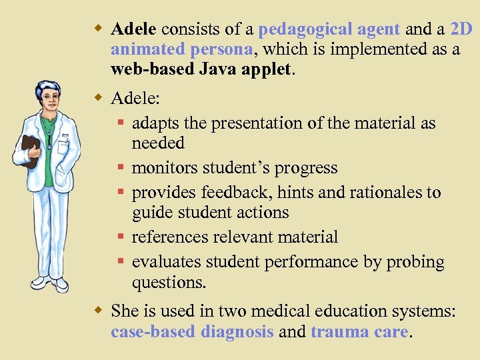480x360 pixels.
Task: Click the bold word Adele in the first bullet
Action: click(133, 29)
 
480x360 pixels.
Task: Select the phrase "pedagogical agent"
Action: click(329, 29)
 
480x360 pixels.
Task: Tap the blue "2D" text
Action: click(461, 29)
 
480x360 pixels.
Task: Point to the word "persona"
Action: click(221, 50)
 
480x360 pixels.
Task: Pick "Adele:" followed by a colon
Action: click(135, 99)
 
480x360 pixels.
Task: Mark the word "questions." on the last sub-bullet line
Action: click(169, 282)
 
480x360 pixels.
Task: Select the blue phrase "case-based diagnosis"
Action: click(192, 331)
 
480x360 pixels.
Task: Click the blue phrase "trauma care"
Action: click(359, 331)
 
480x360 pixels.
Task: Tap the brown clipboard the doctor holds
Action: click(29, 150)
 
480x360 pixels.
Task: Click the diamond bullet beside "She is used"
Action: click(97, 310)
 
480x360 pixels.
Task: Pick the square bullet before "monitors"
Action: click(121, 169)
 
